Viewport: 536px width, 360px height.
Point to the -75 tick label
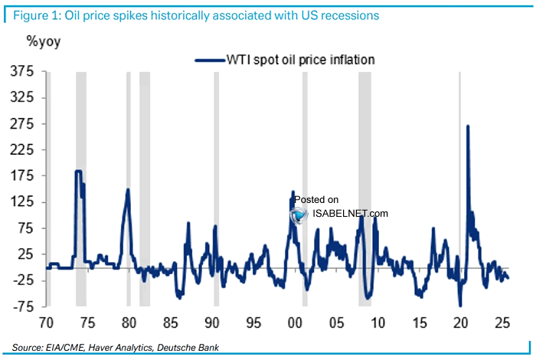pos(21,307)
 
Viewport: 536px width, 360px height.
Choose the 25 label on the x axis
pos(502,322)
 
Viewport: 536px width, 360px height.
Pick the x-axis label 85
pos(169,322)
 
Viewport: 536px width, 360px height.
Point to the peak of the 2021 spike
pos(468,126)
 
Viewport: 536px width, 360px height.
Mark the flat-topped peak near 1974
pos(78,172)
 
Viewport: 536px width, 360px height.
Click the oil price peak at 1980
pos(128,190)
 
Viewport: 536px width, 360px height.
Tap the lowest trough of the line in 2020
pos(460,306)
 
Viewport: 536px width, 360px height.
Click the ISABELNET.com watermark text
pos(350,214)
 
